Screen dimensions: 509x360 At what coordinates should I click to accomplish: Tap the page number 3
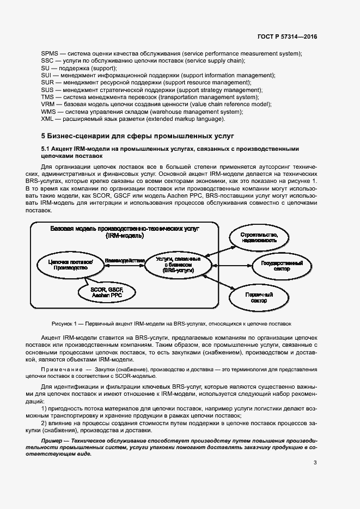pos(315,463)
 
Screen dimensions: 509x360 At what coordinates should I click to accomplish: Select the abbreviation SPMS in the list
pos(50,53)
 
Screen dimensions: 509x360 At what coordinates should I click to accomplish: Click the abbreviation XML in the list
pos(47,119)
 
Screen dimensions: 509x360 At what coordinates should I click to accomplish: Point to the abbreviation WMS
pos(48,112)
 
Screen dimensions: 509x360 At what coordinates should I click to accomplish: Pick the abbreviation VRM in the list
pos(48,104)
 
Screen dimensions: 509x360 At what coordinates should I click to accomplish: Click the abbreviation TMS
pos(48,97)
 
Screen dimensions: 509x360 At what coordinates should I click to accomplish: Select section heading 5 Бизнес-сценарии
pos(112,136)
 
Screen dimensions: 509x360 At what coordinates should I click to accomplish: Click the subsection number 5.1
pos(46,149)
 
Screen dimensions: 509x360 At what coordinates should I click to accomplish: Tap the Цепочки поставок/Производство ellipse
pos(68,265)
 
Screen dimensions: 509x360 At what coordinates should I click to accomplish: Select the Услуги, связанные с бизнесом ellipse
pos(178,264)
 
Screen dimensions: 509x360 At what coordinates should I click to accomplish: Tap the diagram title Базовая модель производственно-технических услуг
pos(125,232)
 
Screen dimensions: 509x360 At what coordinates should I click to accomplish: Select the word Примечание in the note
pos(65,370)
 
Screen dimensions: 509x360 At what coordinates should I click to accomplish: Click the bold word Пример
pos(52,439)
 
